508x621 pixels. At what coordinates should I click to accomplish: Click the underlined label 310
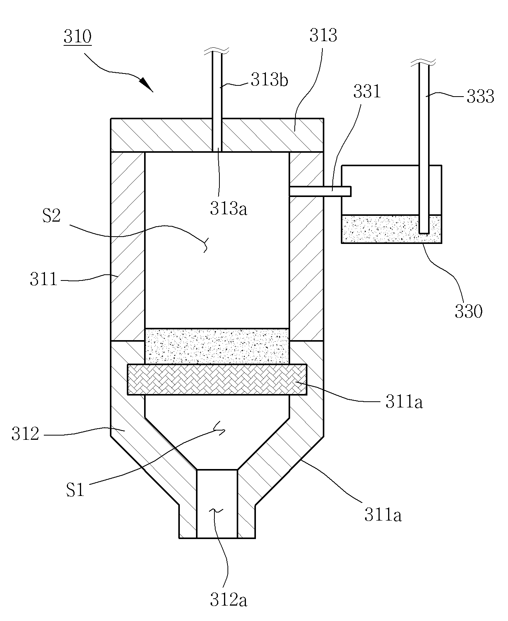78,37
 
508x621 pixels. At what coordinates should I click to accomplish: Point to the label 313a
229,208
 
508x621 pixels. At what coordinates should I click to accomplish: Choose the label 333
480,97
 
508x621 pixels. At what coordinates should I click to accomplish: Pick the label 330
468,311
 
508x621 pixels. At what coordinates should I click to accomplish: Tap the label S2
51,216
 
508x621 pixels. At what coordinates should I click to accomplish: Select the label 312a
229,601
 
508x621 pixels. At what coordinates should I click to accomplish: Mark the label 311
43,279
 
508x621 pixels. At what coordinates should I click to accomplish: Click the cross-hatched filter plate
217,379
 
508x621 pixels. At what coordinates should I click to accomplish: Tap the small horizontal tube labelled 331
320,191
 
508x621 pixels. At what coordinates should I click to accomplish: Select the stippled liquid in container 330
392,229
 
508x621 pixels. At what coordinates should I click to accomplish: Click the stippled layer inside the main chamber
217,346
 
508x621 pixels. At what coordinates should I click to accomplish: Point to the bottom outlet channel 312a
217,504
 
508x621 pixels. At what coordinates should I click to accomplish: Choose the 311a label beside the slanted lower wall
383,515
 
